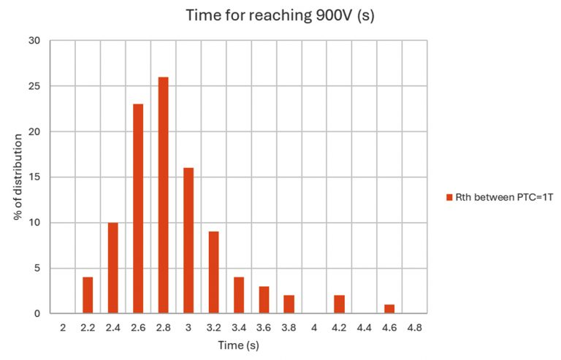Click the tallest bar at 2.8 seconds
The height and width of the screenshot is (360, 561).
(x=163, y=196)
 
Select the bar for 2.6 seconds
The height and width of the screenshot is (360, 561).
(x=138, y=209)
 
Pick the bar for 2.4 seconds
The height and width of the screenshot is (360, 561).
(x=112, y=268)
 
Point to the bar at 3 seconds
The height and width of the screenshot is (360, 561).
(x=188, y=241)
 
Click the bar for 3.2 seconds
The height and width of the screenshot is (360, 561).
(x=213, y=272)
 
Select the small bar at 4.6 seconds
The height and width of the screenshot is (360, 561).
(x=389, y=309)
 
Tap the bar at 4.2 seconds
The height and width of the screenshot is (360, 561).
(x=339, y=305)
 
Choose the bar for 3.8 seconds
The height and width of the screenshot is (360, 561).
(x=289, y=305)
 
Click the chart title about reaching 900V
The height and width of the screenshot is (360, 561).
(x=280, y=15)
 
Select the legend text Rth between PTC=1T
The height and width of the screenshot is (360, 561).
(x=500, y=197)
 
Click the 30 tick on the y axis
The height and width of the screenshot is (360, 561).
(x=34, y=41)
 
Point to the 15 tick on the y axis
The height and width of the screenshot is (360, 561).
(x=34, y=177)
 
